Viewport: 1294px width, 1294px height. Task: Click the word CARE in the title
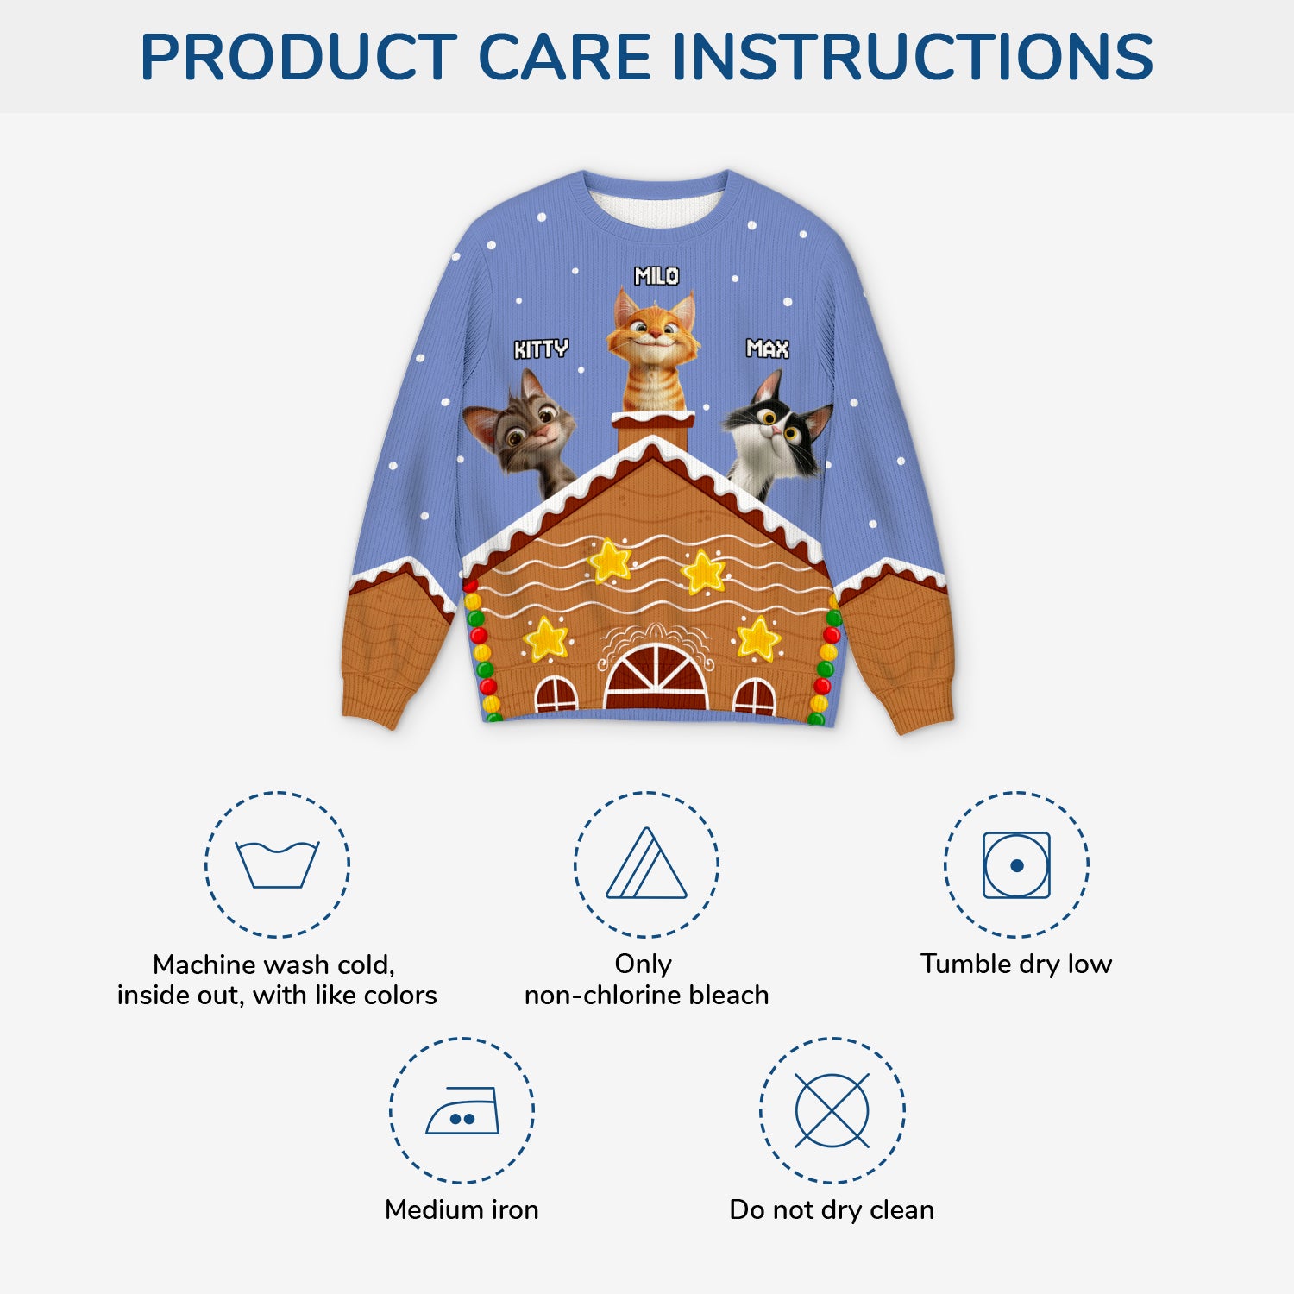click(x=564, y=57)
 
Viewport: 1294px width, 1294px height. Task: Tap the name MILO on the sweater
click(x=656, y=276)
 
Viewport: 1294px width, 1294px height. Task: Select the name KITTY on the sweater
click(x=541, y=349)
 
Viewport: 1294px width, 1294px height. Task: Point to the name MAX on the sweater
click(x=767, y=349)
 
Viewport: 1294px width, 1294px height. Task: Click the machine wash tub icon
click(x=277, y=864)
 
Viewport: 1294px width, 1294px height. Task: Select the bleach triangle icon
click(x=646, y=864)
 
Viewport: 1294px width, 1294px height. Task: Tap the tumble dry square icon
click(x=1016, y=864)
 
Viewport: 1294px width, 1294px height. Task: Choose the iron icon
click(x=462, y=1110)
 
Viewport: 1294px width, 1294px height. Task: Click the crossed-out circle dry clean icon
click(x=832, y=1110)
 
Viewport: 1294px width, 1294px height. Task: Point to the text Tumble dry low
click(x=1016, y=964)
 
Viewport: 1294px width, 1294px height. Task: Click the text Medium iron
click(x=462, y=1209)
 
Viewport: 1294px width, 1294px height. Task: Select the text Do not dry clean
click(x=832, y=1209)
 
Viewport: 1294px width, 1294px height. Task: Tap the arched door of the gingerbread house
click(x=656, y=678)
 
